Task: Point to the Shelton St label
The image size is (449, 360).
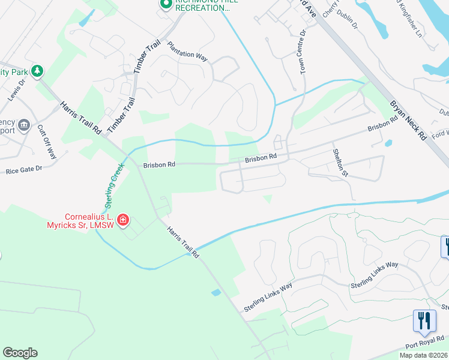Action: (340, 162)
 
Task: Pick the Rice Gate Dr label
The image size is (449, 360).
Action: (24, 170)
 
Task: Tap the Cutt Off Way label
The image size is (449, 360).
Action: (47, 142)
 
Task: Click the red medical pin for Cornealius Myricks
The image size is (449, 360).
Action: (123, 220)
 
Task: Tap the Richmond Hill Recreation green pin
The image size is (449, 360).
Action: (166, 4)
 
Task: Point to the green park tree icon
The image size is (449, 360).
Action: (38, 71)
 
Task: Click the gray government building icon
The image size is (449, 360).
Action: (24, 125)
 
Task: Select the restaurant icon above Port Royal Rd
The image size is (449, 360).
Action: (424, 320)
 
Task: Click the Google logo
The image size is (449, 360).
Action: (20, 353)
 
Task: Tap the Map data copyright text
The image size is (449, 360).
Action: (424, 355)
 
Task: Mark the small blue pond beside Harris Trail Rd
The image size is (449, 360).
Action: (216, 292)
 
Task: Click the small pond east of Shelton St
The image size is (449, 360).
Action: (389, 143)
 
